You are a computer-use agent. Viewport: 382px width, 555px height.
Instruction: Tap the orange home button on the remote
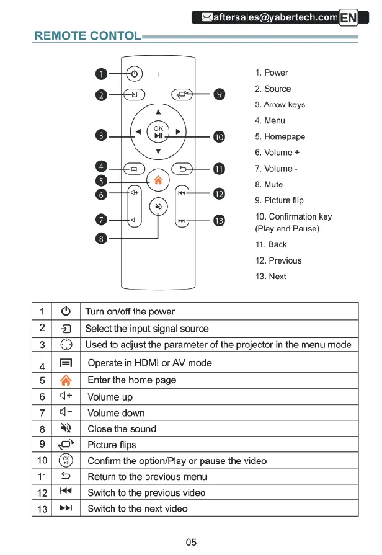(158, 180)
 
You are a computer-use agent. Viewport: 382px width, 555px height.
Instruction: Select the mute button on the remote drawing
(158, 207)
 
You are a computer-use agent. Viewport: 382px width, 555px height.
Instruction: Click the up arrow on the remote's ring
(158, 112)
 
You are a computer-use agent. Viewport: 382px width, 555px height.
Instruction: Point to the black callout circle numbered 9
(218, 94)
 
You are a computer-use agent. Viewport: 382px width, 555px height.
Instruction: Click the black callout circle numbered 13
(219, 221)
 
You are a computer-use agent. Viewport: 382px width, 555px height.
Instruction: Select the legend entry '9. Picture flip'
(279, 200)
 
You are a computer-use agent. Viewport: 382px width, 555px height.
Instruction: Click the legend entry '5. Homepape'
(280, 136)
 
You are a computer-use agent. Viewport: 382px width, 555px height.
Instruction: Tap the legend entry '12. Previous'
(278, 260)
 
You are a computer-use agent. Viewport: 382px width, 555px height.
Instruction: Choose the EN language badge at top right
(349, 18)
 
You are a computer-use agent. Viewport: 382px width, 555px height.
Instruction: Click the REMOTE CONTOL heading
(87, 36)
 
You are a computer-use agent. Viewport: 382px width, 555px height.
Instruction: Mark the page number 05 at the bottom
(191, 542)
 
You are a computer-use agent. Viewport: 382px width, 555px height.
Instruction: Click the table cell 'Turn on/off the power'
(130, 311)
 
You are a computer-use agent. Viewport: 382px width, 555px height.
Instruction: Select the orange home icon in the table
(67, 380)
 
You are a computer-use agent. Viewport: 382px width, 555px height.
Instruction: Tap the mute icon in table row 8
(67, 428)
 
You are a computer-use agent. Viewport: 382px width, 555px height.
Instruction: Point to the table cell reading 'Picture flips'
(112, 445)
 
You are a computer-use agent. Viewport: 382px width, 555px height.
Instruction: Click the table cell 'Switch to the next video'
(137, 508)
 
